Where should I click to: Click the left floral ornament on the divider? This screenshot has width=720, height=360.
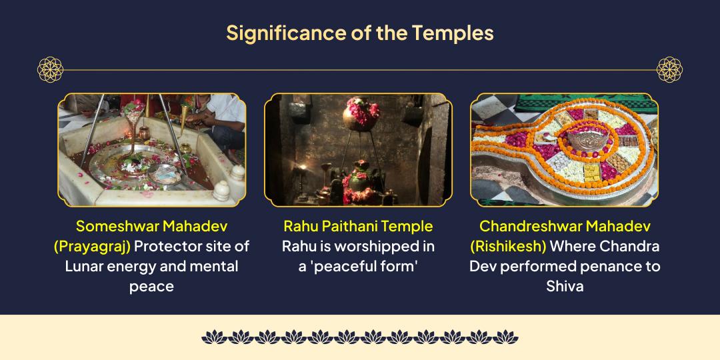point(49,69)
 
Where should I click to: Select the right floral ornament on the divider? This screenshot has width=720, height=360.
point(669,69)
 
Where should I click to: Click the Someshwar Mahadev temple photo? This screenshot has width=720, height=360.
point(151,149)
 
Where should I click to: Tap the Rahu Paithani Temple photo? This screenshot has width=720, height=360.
point(358,149)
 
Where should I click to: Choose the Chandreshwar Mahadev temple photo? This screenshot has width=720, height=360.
point(564,149)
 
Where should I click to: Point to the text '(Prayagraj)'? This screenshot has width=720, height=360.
point(92,246)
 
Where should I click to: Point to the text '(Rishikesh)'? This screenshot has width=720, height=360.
point(508,246)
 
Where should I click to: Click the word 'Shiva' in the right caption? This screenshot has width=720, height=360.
point(564,286)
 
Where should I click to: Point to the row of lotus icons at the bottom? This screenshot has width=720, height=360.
point(359,337)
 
